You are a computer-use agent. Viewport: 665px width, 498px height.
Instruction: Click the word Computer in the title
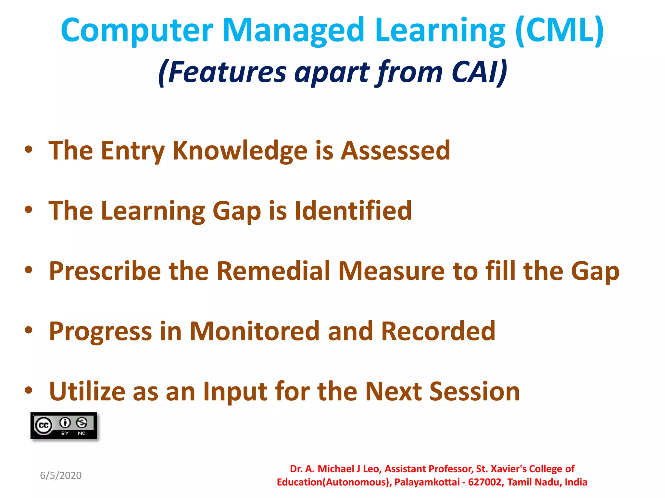137,31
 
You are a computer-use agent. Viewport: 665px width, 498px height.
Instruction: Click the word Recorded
438,331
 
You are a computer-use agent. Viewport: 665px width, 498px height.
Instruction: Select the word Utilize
87,392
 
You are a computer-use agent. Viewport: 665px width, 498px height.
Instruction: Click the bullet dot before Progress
29,330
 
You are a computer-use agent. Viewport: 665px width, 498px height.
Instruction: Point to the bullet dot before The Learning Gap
29,209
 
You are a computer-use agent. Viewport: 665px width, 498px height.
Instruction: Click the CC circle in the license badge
44,425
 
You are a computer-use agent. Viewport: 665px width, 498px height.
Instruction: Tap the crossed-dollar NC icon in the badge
82,423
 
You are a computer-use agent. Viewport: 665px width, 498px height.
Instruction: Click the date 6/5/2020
61,476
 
